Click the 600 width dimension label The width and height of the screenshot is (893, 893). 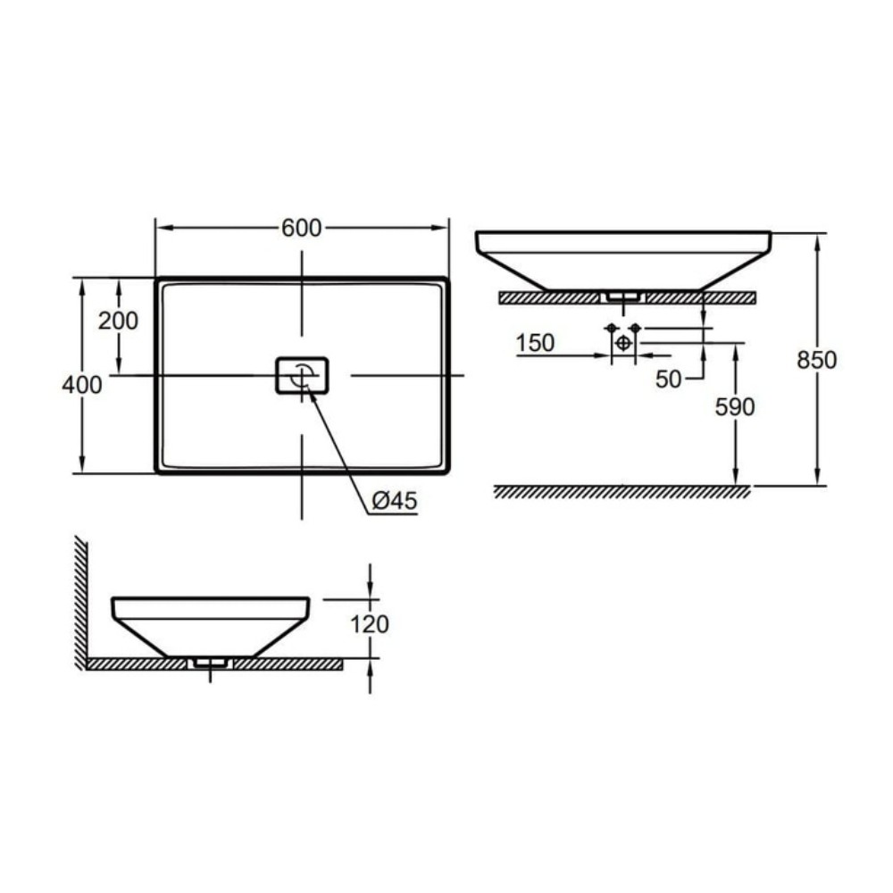coord(301,229)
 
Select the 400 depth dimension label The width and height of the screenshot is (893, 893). coord(82,385)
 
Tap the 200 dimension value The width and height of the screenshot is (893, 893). coord(118,321)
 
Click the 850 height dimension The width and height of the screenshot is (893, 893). coord(817,360)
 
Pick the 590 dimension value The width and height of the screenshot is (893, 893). coord(735,407)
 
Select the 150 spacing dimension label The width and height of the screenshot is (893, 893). coord(535,343)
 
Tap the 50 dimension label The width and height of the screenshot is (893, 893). coord(669,379)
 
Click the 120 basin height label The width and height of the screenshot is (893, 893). coord(370,624)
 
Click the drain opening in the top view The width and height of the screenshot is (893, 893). coord(302,375)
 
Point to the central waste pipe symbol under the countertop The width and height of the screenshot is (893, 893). coord(623,343)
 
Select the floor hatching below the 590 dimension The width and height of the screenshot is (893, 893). coord(622,492)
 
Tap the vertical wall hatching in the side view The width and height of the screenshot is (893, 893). coord(79,598)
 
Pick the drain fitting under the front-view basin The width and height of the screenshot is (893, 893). coord(622,296)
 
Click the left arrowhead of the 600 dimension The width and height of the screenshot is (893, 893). coord(162,229)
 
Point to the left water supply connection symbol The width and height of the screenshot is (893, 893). coord(612,329)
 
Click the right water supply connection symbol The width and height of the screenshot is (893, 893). coord(635,329)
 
